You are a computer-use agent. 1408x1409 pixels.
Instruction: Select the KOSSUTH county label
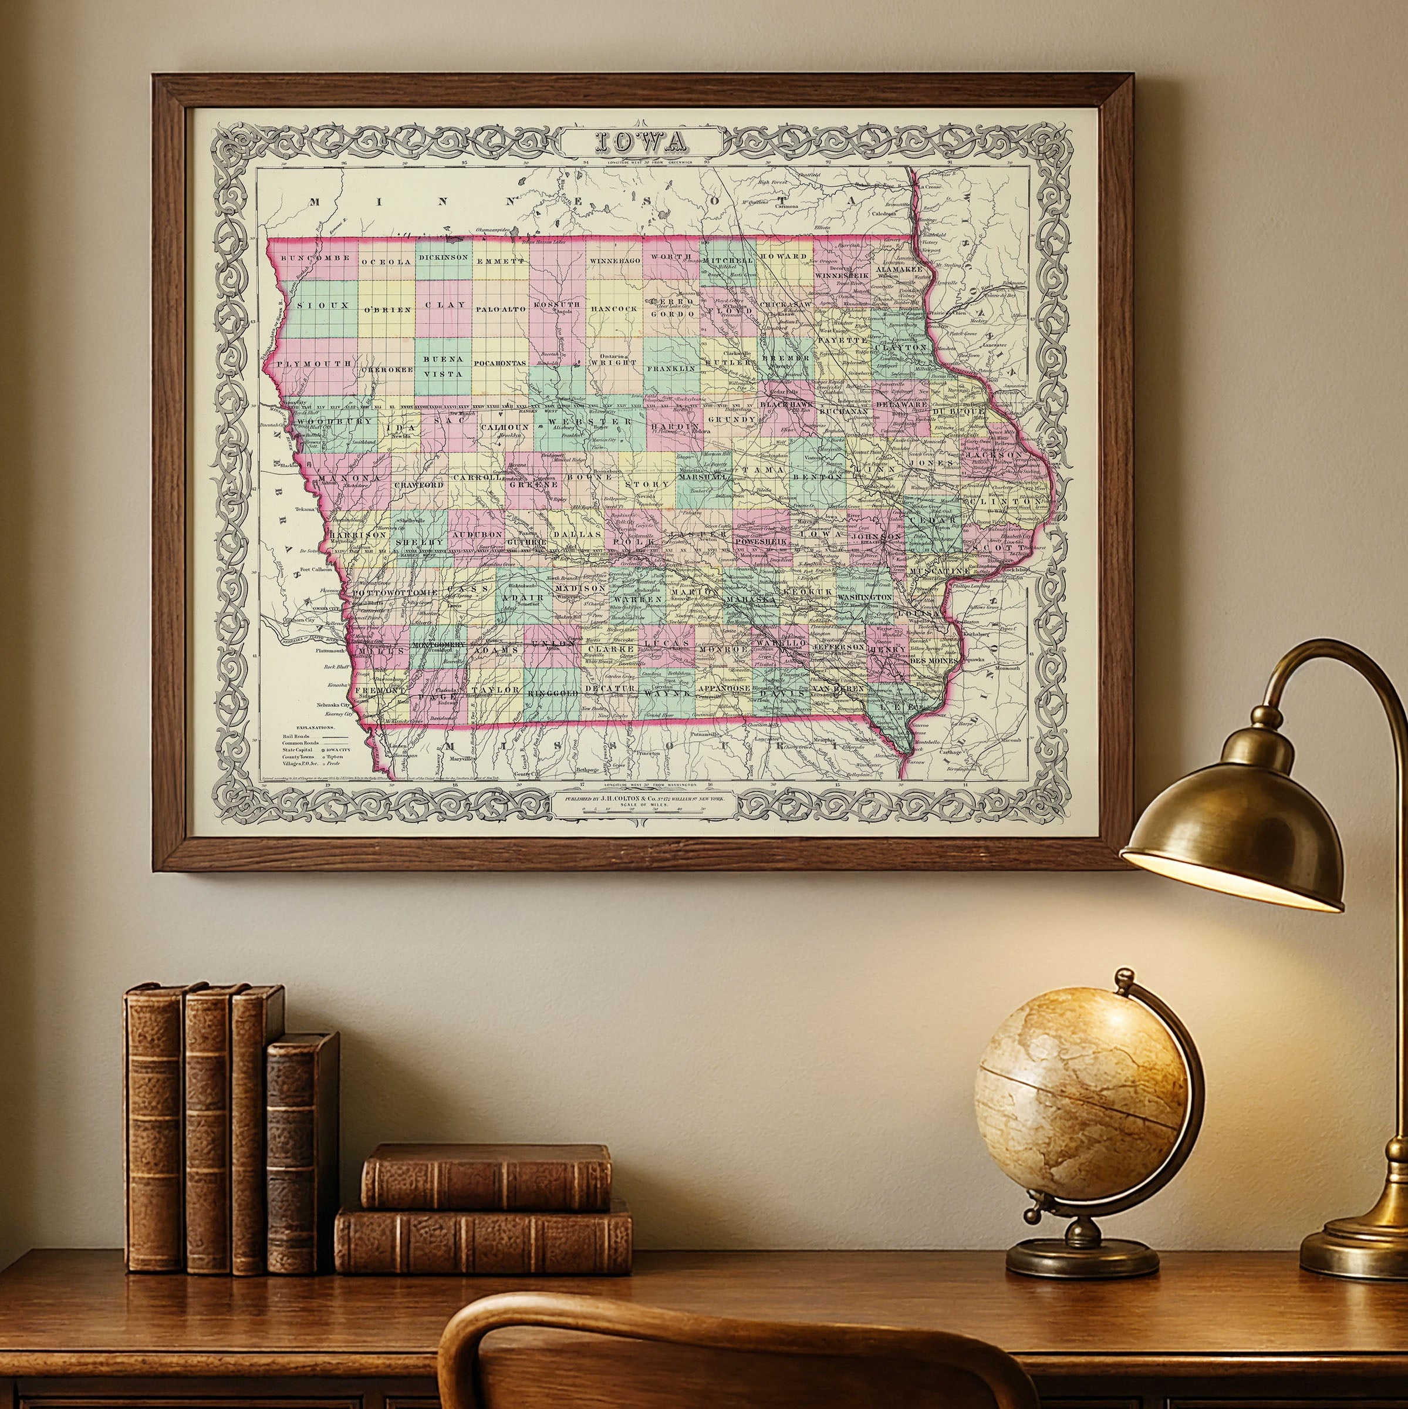(x=556, y=304)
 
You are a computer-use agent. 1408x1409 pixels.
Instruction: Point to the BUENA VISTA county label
(x=443, y=366)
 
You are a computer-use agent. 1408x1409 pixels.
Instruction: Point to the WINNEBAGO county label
(x=614, y=260)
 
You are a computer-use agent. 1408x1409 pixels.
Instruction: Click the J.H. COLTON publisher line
(x=641, y=798)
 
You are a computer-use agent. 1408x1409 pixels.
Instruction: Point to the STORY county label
(x=647, y=484)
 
